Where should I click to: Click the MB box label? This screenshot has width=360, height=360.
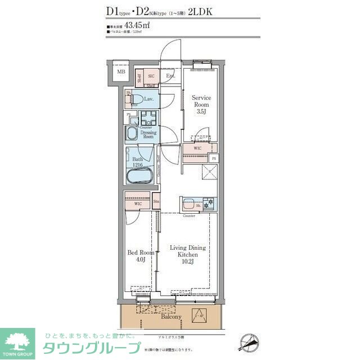coord(120,72)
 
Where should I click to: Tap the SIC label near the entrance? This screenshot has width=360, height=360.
coord(151,76)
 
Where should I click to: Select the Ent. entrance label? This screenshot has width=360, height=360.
coord(170,76)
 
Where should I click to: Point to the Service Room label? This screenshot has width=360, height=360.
coord(201,101)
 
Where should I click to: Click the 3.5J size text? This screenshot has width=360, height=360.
coord(201,112)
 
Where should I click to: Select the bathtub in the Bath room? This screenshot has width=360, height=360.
coord(138,174)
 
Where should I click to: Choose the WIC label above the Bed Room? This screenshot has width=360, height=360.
coord(130,204)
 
